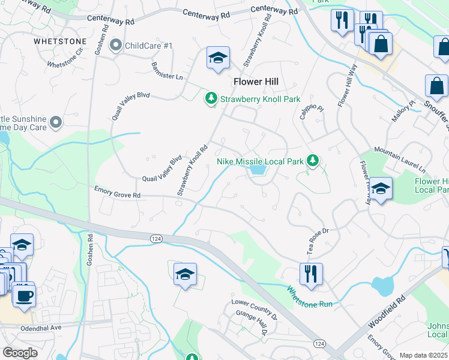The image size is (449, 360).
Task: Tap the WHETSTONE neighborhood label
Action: pyautogui.click(x=60, y=41)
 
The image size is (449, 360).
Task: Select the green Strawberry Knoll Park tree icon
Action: pyautogui.click(x=211, y=98)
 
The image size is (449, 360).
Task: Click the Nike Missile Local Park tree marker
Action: pyautogui.click(x=312, y=160)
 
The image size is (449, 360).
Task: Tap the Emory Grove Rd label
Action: pyautogui.click(x=117, y=192)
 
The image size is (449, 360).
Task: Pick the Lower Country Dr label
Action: pyautogui.click(x=255, y=307)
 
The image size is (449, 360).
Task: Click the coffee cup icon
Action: pyautogui.click(x=23, y=296)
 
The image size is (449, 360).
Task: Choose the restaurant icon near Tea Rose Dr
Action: pyautogui.click(x=310, y=274)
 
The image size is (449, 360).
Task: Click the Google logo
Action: pyautogui.click(x=21, y=353)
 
